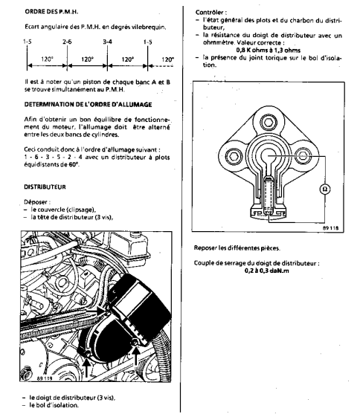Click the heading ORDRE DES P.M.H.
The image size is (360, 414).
pyautogui.click(x=51, y=12)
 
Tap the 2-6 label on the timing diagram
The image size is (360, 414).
pyautogui.click(x=67, y=42)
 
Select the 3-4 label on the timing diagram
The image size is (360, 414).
pyautogui.click(x=107, y=42)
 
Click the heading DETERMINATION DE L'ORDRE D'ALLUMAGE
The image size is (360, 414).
pyautogui.click(x=88, y=105)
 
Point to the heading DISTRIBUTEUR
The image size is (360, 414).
pyautogui.click(x=45, y=187)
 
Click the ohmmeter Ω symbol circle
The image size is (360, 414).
pyautogui.click(x=325, y=189)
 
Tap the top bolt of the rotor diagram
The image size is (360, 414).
pyautogui.click(x=269, y=123)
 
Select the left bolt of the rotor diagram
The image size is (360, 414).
pyautogui.click(x=234, y=156)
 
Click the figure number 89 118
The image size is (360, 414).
pyautogui.click(x=330, y=228)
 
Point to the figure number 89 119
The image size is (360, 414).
pyautogui.click(x=45, y=378)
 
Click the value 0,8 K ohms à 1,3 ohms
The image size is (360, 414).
pyautogui.click(x=269, y=50)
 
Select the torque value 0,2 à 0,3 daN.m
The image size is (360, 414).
pyautogui.click(x=267, y=271)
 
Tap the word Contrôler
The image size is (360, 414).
pyautogui.click(x=211, y=13)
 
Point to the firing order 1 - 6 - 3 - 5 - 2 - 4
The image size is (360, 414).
pyautogui.click(x=53, y=157)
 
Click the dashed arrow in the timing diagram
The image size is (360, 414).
pyautogui.click(x=161, y=65)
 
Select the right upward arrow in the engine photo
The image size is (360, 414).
pyautogui.click(x=136, y=357)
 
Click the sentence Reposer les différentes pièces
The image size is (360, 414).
pyautogui.click(x=237, y=248)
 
